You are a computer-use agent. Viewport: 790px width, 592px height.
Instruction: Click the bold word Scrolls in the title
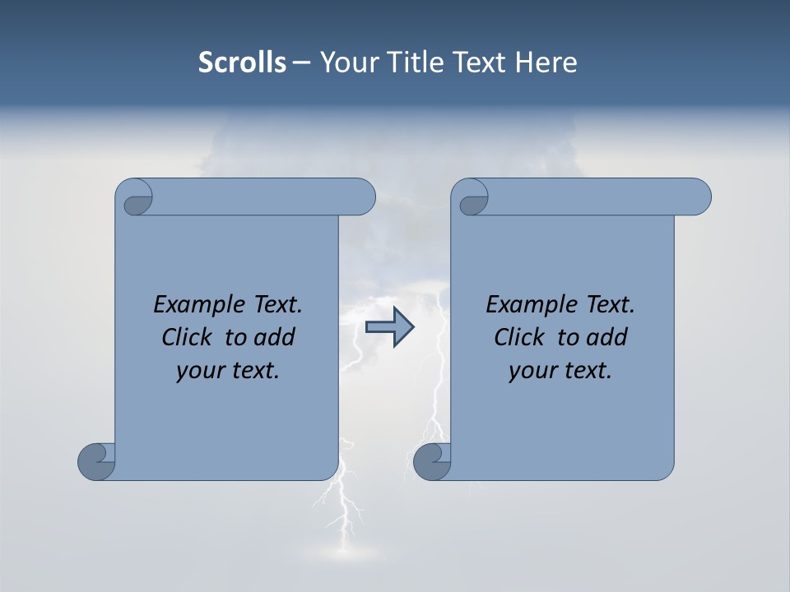[242, 62]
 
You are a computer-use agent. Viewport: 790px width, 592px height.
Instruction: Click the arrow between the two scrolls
[389, 327]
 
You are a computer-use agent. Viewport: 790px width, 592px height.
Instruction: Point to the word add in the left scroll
[275, 337]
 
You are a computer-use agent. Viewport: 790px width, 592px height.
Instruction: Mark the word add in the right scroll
[607, 337]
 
